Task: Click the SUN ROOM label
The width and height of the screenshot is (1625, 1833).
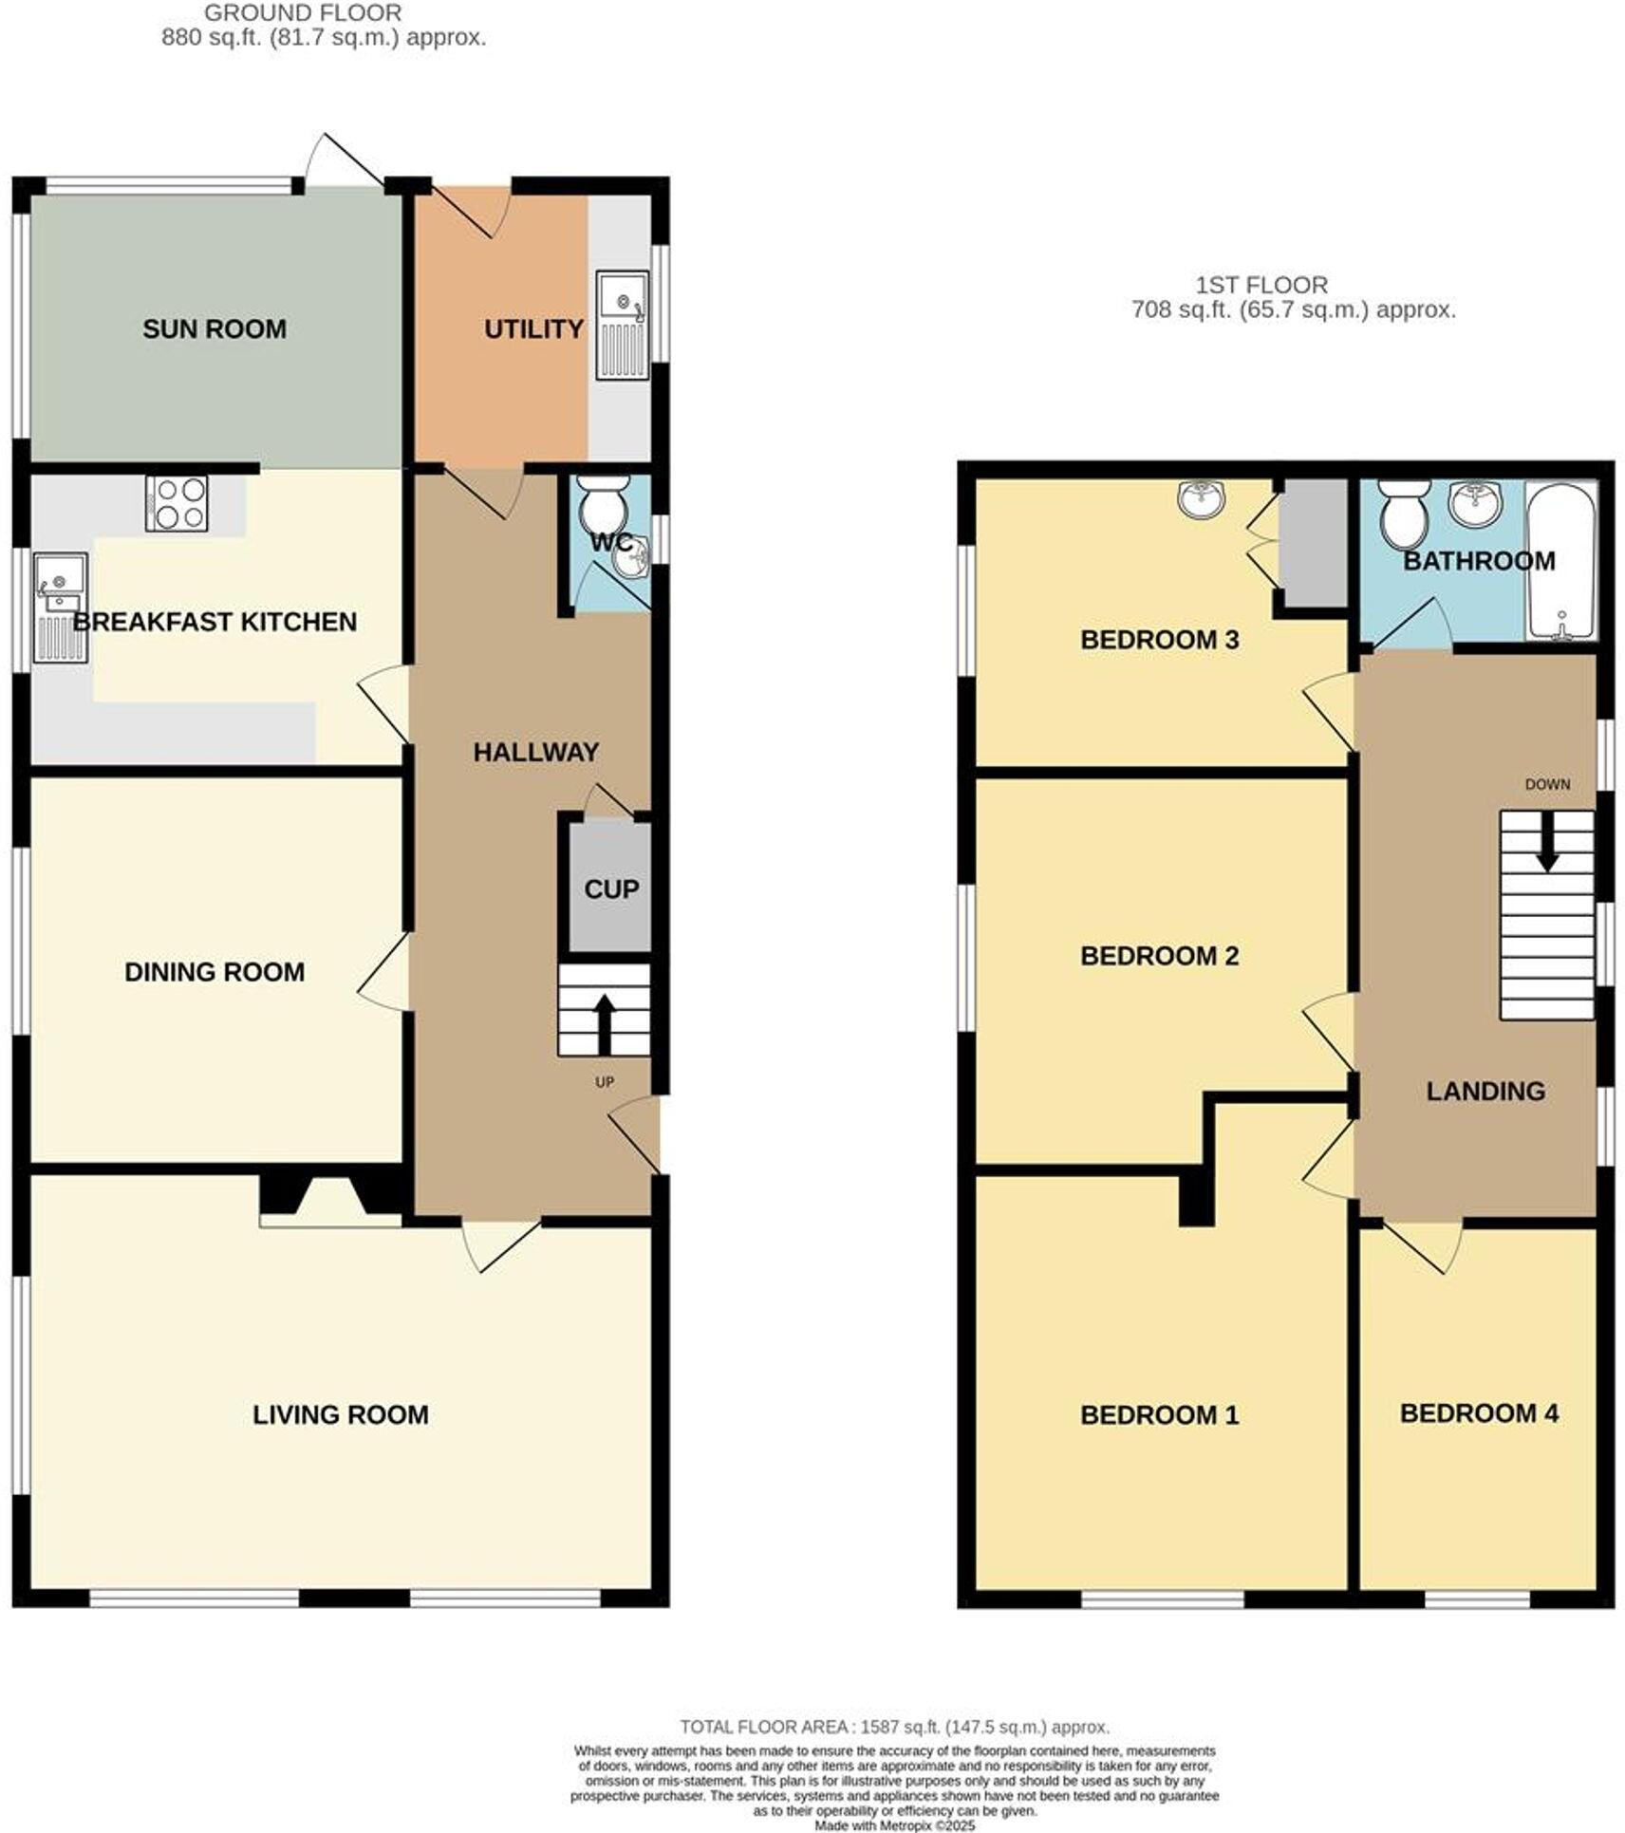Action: click(x=214, y=328)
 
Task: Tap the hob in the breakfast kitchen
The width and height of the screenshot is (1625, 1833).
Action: click(x=177, y=502)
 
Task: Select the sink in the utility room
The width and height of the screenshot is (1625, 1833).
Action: click(x=622, y=324)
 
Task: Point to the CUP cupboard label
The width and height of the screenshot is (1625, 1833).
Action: click(x=610, y=889)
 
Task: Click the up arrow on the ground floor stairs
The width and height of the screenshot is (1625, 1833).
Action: click(x=604, y=1021)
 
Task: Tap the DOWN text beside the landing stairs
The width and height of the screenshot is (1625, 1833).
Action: click(x=1546, y=784)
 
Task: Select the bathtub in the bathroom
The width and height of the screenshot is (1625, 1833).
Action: click(x=1560, y=561)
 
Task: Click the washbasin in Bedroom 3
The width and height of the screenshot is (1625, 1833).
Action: click(x=1201, y=496)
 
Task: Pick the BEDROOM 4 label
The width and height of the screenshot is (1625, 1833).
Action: click(x=1478, y=1413)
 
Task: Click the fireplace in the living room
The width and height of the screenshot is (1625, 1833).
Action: click(x=329, y=1202)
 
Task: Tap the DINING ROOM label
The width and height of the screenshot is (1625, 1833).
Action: click(x=214, y=972)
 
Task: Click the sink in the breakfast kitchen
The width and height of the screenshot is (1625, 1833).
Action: click(x=60, y=607)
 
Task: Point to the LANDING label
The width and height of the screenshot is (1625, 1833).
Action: click(x=1485, y=1091)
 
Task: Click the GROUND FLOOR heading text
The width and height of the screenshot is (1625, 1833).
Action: click(x=303, y=13)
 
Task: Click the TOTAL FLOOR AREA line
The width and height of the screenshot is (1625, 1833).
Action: click(x=893, y=1727)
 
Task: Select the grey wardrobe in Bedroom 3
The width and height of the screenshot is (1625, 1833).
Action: click(x=1312, y=543)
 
